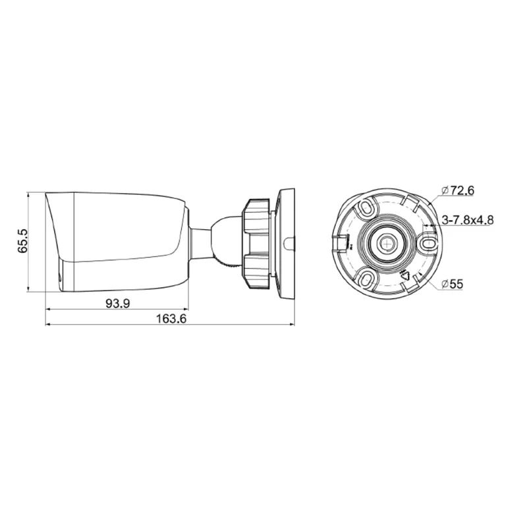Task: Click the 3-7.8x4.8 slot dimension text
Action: [x=468, y=219]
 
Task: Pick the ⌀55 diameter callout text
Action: [x=453, y=283]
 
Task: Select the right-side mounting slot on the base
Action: [x=428, y=244]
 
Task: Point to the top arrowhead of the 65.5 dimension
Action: [x=28, y=196]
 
